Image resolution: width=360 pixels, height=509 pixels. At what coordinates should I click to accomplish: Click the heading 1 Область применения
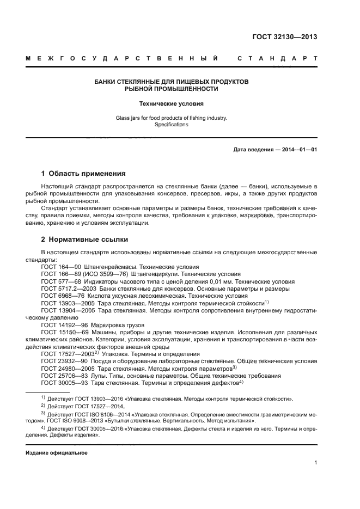83,174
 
